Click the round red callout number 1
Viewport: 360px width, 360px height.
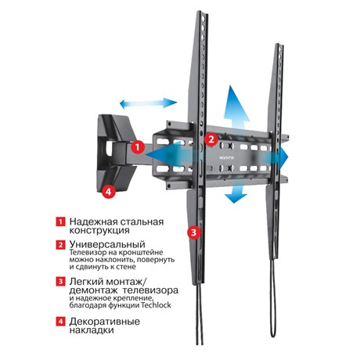(138, 148)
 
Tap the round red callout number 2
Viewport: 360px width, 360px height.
(211, 139)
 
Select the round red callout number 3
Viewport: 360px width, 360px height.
(194, 232)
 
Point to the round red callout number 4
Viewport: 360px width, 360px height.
(108, 192)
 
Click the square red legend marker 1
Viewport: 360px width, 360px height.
(60, 221)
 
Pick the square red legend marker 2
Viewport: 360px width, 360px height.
(60, 245)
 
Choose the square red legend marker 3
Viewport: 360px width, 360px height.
(60, 282)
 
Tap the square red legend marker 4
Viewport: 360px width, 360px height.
(60, 321)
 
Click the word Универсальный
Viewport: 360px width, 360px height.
(107, 245)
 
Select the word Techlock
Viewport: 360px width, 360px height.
(156, 305)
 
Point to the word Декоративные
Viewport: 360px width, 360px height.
(104, 322)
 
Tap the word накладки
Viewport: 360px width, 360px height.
(92, 330)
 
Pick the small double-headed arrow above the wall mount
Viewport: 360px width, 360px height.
(149, 103)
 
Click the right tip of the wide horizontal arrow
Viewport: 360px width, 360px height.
(288, 157)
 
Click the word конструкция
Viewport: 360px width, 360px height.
(99, 231)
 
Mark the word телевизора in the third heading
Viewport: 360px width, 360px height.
(150, 290)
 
